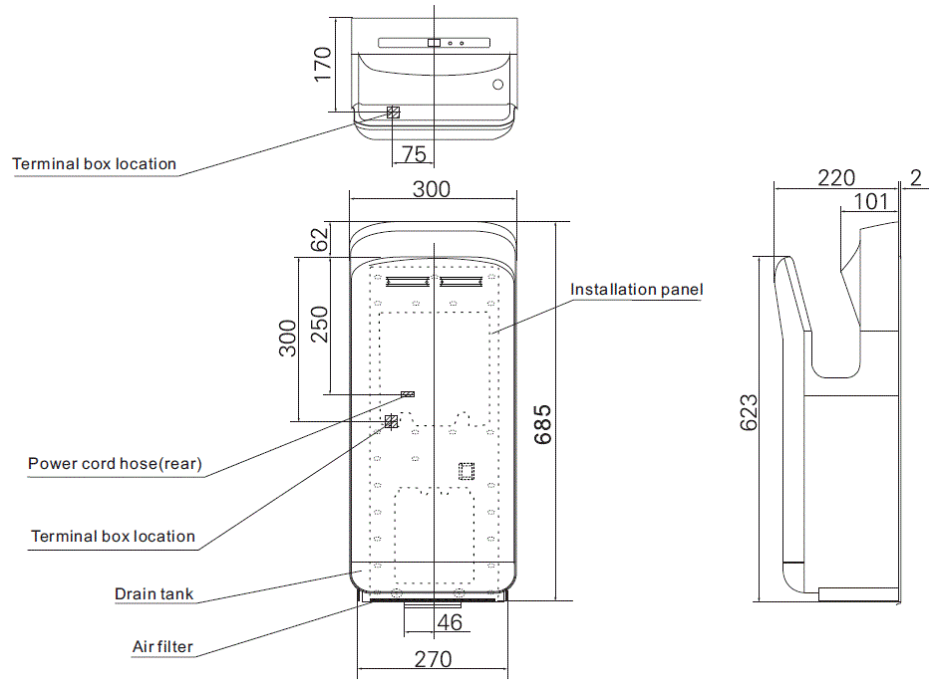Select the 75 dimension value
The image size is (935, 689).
[x=414, y=153]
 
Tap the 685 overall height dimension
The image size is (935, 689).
[x=541, y=424]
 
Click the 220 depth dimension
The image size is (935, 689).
[x=835, y=177]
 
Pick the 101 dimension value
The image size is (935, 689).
[x=870, y=202]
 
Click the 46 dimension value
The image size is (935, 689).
[x=450, y=623]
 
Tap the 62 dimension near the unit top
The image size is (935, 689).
[x=319, y=240]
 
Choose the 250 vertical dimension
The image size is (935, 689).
[x=319, y=323]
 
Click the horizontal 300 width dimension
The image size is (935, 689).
[x=432, y=189]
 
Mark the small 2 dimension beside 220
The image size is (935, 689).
[x=915, y=177]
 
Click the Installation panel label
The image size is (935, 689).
[x=636, y=290]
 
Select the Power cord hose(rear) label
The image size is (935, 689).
[x=114, y=463]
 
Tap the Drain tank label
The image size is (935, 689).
[x=154, y=594]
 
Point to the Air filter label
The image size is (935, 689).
[x=162, y=647]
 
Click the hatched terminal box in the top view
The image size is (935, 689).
[x=393, y=113]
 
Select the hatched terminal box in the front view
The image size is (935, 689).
[x=391, y=422]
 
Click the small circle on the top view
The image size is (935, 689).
[x=497, y=85]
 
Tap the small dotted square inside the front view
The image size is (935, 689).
[x=465, y=471]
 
